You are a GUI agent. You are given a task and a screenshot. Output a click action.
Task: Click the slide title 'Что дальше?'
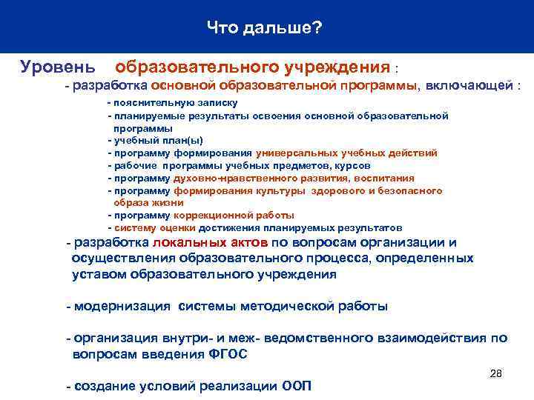(266, 27)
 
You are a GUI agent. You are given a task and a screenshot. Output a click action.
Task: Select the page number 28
(496, 373)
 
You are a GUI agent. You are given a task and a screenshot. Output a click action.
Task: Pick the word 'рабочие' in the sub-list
(131, 166)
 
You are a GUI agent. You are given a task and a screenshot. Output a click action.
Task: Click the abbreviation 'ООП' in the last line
(297, 387)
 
